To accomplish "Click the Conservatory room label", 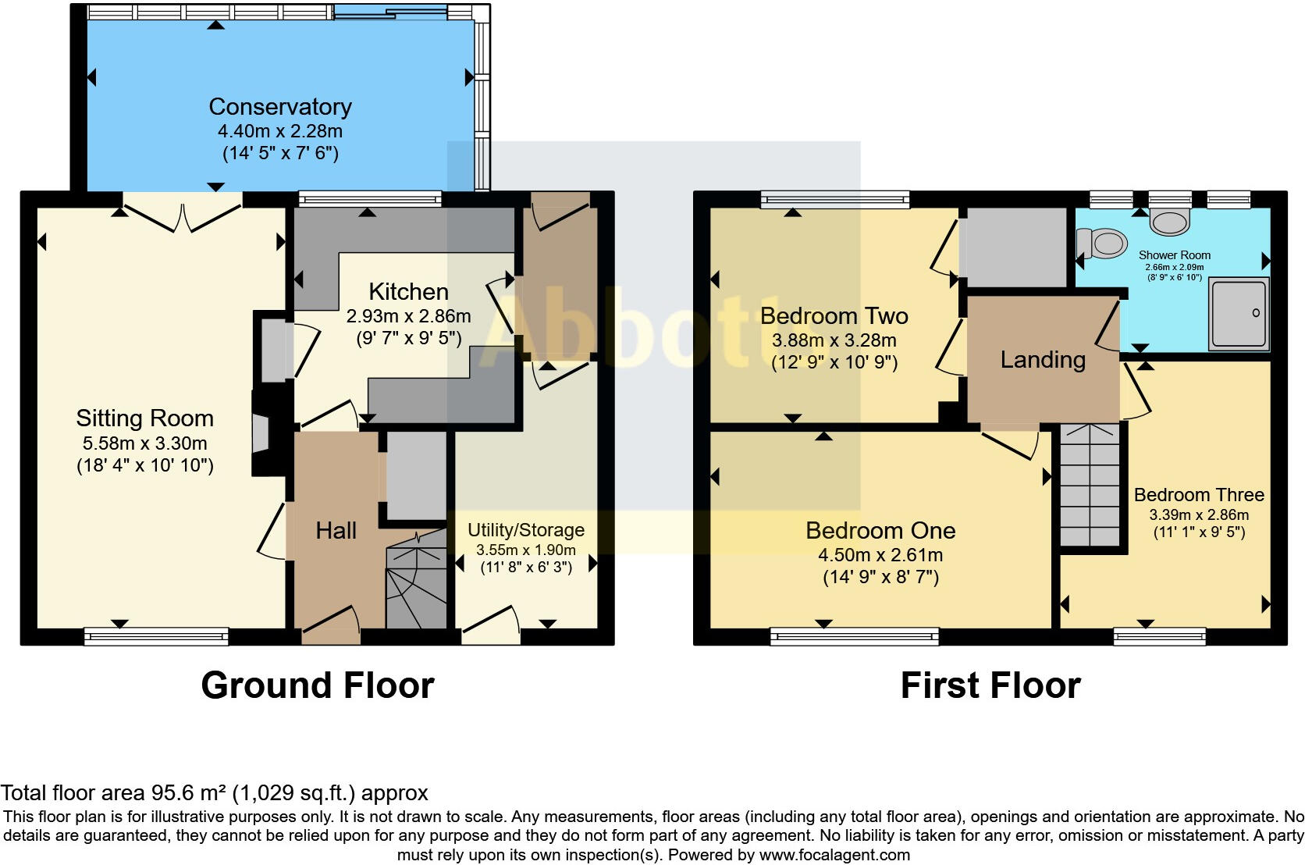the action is coord(280,107).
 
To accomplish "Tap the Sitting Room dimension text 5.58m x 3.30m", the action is coord(144,443).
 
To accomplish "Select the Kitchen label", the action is coord(408,291).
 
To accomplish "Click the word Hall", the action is coord(336,530).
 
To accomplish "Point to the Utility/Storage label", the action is coord(526,530).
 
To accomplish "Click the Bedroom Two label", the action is coord(834,316).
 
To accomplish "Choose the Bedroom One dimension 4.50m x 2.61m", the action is coord(880,555).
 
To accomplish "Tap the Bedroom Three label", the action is coord(1199,495).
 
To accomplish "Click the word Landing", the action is coord(1043,360).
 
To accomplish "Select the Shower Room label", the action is coord(1175,255).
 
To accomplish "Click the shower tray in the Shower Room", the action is coord(1239,315).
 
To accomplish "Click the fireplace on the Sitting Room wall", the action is coord(261,433).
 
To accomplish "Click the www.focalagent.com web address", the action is coord(834,855).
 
